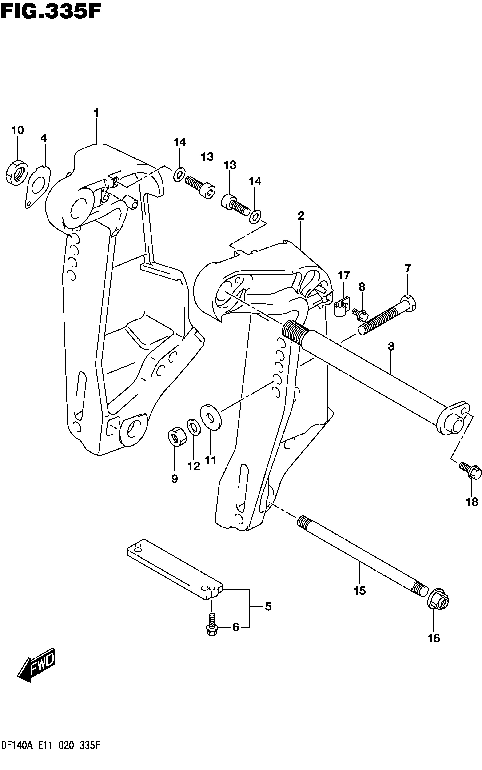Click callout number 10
(x=18, y=130)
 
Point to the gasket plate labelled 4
(x=38, y=187)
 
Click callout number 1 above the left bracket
(x=96, y=113)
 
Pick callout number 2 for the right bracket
(x=301, y=216)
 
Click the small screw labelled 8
(x=360, y=314)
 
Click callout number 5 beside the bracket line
(x=268, y=607)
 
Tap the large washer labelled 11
(x=210, y=418)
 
